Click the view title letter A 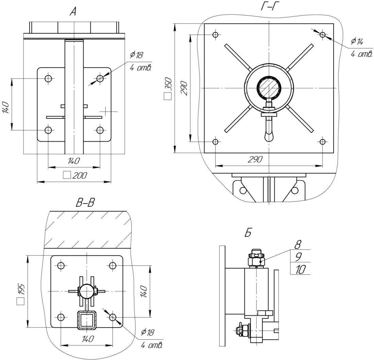point(73,13)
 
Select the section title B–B point(85,203)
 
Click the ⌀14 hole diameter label point(357,41)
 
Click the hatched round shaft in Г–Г point(269,88)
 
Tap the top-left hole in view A point(48,79)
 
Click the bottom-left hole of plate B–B point(61,318)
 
